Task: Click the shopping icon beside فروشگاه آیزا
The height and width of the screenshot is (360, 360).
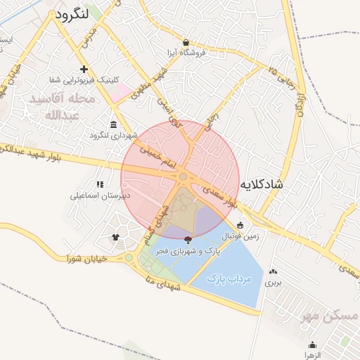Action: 186,42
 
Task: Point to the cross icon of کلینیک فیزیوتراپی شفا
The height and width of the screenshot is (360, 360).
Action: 84,69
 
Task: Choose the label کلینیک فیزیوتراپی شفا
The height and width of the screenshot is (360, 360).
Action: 79,79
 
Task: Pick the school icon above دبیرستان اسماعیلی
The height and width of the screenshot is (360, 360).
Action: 100,184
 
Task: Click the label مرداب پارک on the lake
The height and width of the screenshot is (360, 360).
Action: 229,279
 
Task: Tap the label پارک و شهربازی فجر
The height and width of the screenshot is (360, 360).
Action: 188,251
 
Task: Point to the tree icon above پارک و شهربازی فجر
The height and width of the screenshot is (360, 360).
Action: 188,240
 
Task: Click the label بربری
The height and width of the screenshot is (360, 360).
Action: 272,282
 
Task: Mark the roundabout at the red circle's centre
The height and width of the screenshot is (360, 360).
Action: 183,176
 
